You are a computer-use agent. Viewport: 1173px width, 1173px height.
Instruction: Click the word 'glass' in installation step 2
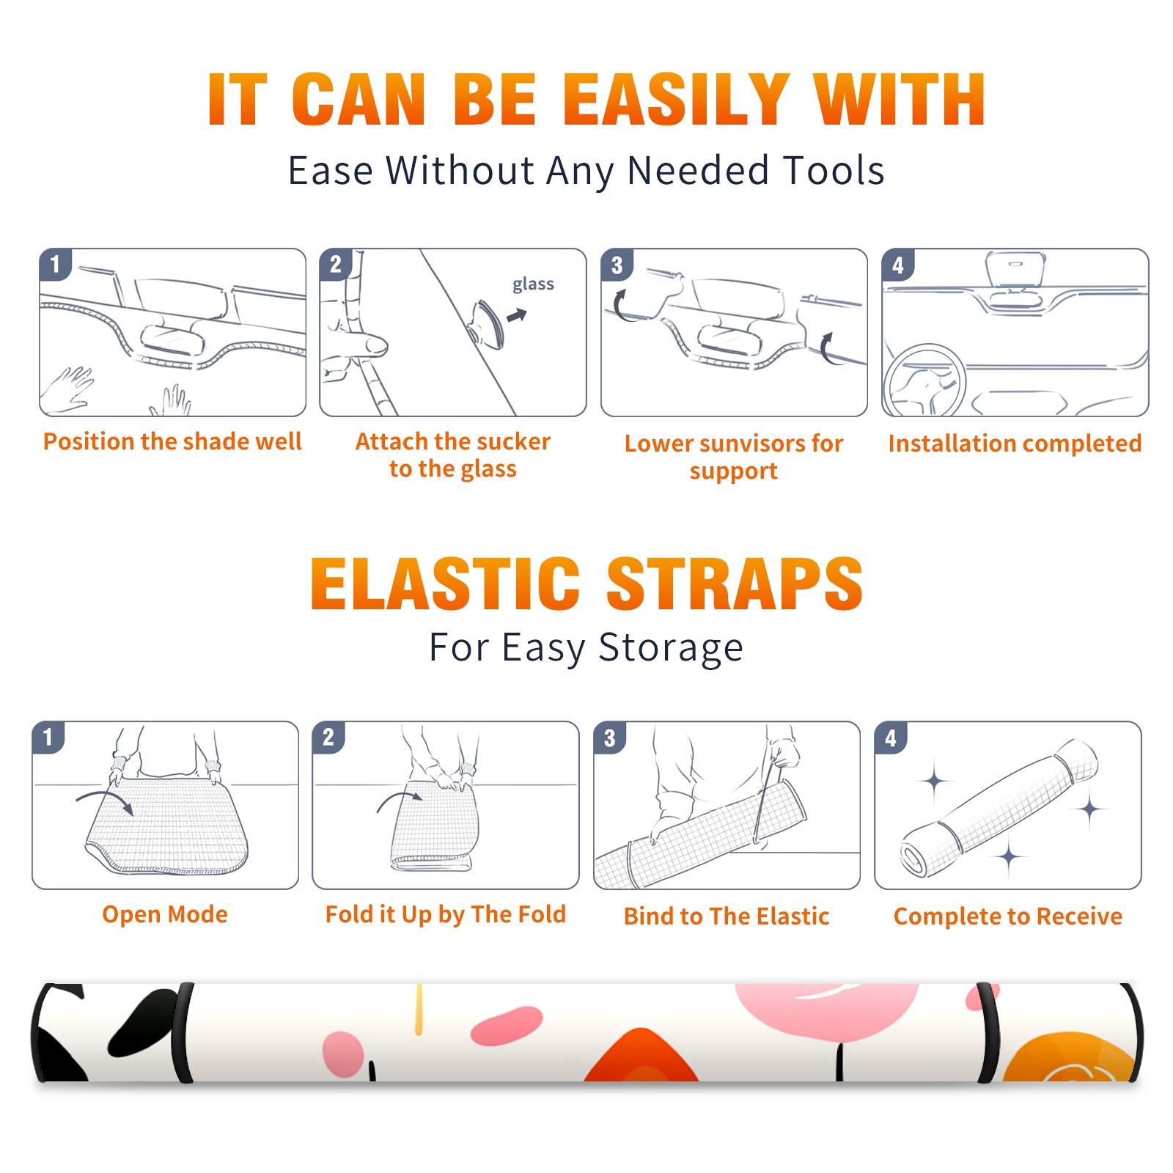pyautogui.click(x=533, y=284)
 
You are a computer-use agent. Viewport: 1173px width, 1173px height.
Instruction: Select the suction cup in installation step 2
pyautogui.click(x=488, y=323)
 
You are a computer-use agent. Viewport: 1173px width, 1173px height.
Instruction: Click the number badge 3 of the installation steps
pyautogui.click(x=617, y=265)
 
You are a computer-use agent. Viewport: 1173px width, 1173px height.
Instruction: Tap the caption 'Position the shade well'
pyautogui.click(x=172, y=441)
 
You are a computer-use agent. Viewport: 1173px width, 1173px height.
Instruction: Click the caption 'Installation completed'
pyautogui.click(x=1015, y=443)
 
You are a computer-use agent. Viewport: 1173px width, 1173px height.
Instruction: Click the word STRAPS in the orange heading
pyautogui.click(x=735, y=584)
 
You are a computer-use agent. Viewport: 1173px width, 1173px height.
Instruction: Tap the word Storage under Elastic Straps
pyautogui.click(x=671, y=648)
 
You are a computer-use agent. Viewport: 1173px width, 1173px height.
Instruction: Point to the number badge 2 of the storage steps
pyautogui.click(x=328, y=738)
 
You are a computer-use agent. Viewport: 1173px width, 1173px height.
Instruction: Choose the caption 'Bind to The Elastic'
pyautogui.click(x=727, y=916)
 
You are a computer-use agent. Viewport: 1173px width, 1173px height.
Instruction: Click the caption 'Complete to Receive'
pyautogui.click(x=1008, y=916)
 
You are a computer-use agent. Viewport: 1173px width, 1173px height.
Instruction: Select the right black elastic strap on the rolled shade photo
pyautogui.click(x=988, y=1033)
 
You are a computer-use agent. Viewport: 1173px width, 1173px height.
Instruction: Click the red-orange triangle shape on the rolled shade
pyautogui.click(x=641, y=1055)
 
